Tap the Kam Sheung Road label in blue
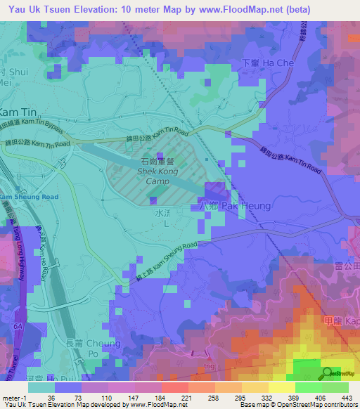(x=29, y=197)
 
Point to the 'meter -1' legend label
(x=14, y=397)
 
